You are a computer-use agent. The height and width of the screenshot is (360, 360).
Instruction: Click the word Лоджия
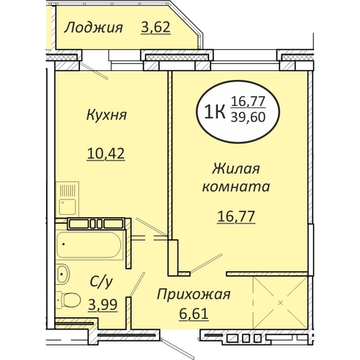(94, 27)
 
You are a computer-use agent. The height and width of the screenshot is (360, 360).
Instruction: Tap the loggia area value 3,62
(156, 27)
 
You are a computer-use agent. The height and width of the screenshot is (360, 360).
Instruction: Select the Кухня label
(107, 115)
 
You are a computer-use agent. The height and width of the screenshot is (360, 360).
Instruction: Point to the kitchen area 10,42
(106, 153)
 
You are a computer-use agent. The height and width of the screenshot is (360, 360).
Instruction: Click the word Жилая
(236, 170)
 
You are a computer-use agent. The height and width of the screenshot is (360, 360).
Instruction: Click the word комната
(236, 186)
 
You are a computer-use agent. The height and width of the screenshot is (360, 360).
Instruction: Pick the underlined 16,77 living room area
(236, 216)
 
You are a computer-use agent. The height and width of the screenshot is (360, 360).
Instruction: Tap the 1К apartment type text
(215, 112)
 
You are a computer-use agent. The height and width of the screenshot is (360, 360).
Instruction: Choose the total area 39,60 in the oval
(248, 118)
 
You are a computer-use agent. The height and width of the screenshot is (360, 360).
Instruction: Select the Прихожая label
(194, 295)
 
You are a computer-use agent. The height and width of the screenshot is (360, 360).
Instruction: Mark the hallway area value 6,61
(194, 313)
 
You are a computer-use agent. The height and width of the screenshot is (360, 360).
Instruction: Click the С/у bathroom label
(101, 283)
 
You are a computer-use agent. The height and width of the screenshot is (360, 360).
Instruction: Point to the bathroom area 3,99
(103, 305)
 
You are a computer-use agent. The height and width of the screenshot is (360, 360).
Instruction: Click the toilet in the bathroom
(68, 299)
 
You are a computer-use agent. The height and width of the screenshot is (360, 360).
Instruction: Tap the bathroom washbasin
(63, 274)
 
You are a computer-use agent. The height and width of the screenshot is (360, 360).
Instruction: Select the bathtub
(89, 245)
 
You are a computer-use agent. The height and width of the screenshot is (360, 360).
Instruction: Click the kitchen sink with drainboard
(67, 199)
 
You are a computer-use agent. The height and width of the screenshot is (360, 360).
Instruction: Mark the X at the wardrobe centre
(281, 303)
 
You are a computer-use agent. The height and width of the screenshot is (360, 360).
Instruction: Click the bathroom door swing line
(137, 284)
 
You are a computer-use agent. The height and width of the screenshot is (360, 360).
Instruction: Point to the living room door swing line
(207, 263)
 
